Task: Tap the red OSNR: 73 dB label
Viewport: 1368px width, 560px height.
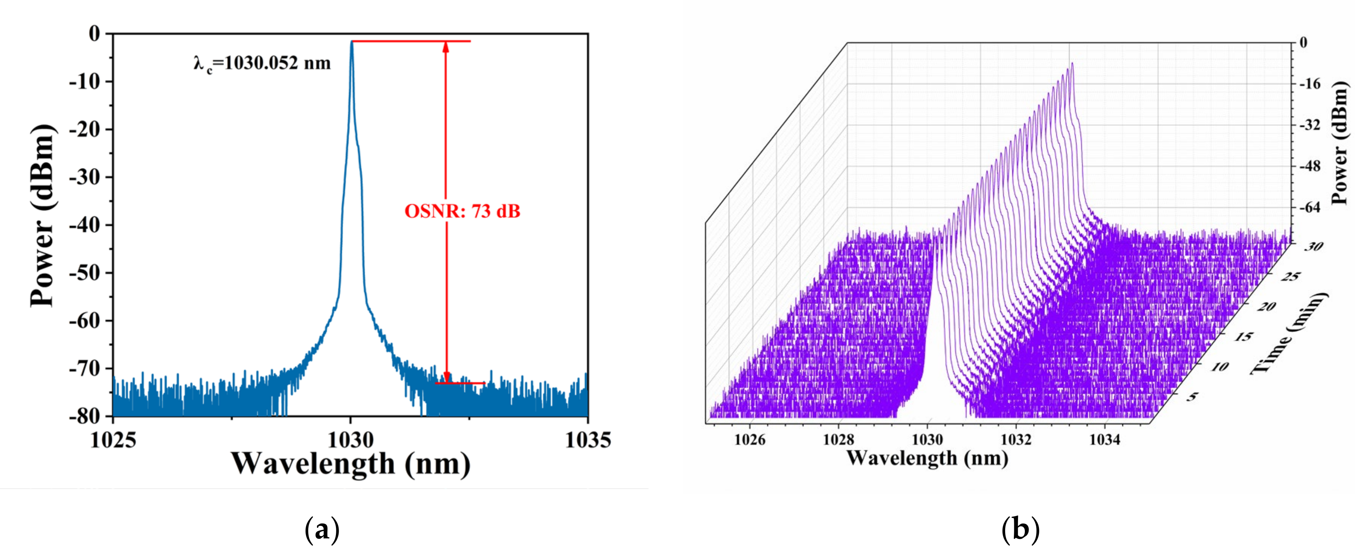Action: click(462, 211)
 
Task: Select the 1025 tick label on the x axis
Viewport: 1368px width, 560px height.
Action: click(113, 440)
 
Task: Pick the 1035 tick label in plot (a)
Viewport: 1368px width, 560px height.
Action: click(587, 440)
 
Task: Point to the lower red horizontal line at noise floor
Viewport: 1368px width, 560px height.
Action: click(460, 383)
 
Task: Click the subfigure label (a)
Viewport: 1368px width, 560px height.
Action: click(322, 530)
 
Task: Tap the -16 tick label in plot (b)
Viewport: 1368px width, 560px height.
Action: click(1310, 84)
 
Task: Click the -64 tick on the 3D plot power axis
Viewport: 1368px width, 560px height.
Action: click(1310, 208)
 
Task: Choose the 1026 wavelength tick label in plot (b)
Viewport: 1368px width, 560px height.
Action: click(749, 439)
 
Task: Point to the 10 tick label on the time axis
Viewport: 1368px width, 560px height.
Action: click(1220, 366)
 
